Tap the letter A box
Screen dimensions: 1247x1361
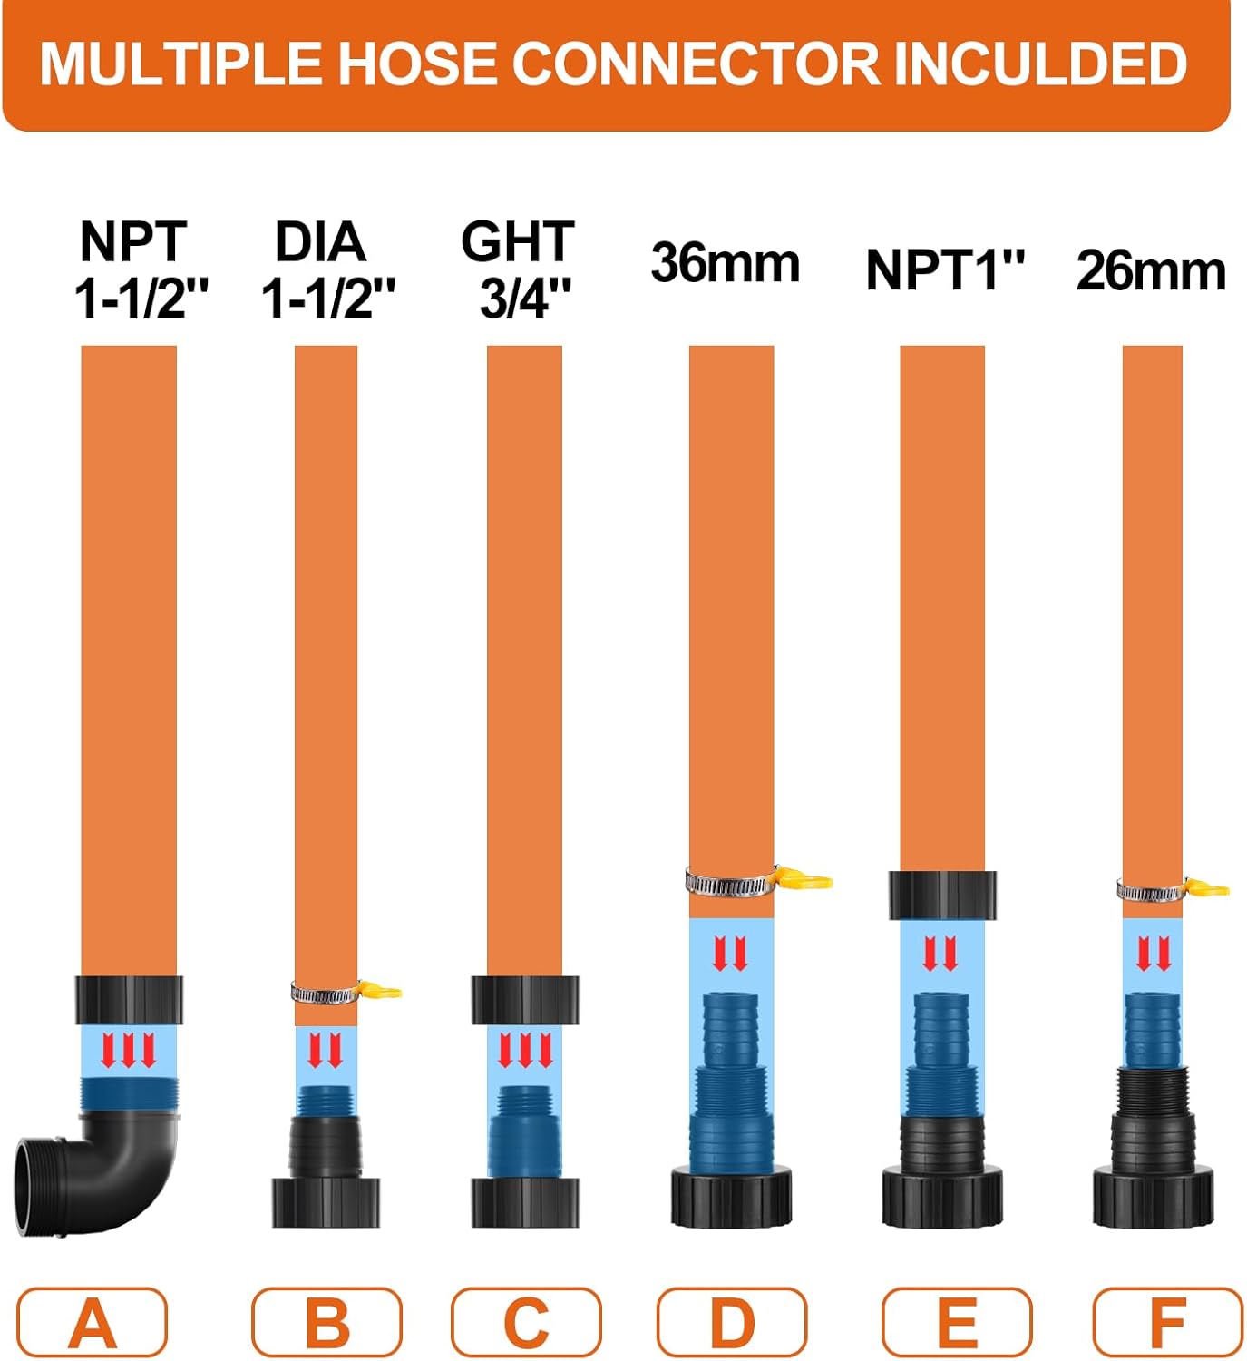(x=93, y=1323)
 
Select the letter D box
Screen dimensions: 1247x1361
(x=732, y=1323)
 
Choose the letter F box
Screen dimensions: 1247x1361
(x=1167, y=1323)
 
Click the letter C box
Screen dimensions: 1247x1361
(x=526, y=1323)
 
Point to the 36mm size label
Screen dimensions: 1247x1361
(x=725, y=263)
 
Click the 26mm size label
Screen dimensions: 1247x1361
(x=1151, y=270)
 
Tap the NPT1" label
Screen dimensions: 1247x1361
(x=945, y=270)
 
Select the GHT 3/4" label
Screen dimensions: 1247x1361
(x=519, y=269)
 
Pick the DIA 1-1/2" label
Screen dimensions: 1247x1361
(x=326, y=269)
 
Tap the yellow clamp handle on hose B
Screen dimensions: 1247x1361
(x=380, y=989)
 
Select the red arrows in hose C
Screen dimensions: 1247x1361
(x=525, y=1051)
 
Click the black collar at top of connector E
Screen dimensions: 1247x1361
(x=942, y=896)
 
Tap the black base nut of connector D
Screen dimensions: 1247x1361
(x=731, y=1198)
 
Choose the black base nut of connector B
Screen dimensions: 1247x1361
(x=326, y=1202)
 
